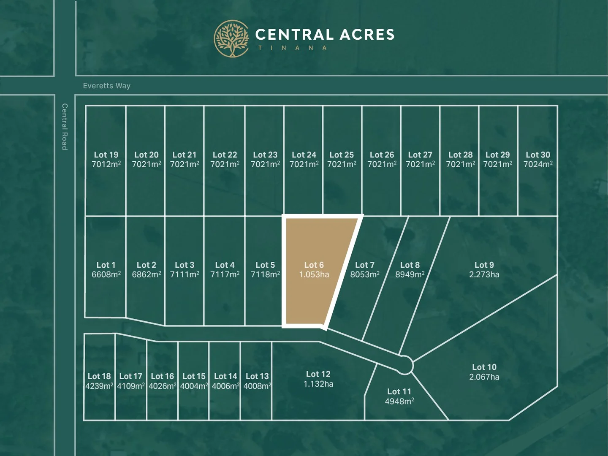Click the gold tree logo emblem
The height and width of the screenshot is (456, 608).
point(231,38)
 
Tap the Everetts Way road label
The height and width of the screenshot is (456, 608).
point(106,86)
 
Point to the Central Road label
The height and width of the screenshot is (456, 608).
point(65,127)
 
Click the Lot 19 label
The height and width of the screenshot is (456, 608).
point(106,155)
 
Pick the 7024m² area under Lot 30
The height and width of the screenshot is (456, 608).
point(538,164)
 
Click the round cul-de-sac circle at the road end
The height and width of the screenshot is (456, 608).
point(405,365)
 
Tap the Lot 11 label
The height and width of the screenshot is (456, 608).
point(399,392)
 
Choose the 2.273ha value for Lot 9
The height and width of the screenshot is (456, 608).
point(484,274)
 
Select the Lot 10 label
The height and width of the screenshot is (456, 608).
point(484,367)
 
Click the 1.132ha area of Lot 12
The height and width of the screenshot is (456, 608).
point(318,384)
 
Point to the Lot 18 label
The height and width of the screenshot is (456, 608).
point(99,376)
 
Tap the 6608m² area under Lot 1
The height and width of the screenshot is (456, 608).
point(106,274)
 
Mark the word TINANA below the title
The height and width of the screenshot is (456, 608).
point(293,48)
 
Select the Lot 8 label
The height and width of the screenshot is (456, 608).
point(410,265)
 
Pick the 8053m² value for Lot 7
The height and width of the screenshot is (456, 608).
point(364,274)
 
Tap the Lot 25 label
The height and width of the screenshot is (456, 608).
point(342,155)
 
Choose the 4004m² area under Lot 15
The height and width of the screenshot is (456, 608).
point(194,386)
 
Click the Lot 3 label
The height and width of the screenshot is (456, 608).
point(185,265)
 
